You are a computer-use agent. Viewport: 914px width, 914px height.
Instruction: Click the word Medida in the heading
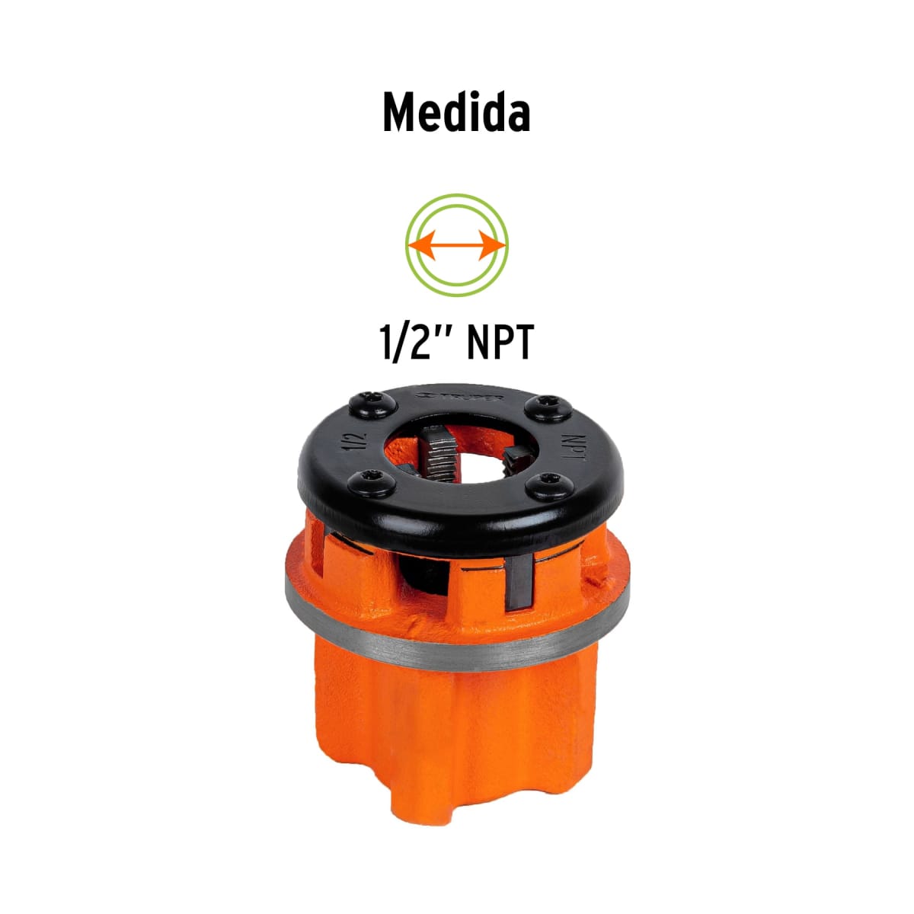(x=456, y=114)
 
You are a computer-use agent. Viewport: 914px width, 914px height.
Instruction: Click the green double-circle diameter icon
(x=457, y=245)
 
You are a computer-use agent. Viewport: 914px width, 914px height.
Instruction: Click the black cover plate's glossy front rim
(x=457, y=526)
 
